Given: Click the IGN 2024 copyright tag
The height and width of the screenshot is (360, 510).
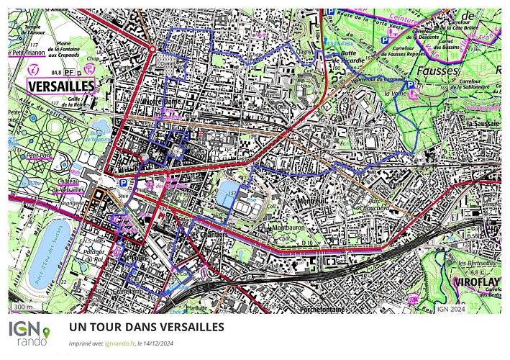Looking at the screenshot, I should pyautogui.click(x=451, y=308).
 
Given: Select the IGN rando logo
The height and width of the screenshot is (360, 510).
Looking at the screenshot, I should pyautogui.click(x=29, y=333).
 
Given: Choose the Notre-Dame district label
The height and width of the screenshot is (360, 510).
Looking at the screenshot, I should pyautogui.click(x=161, y=102).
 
